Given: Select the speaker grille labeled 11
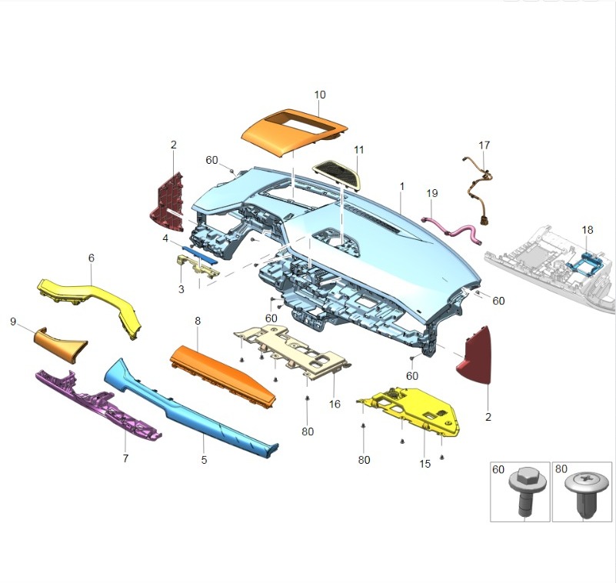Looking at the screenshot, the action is [x=337, y=174].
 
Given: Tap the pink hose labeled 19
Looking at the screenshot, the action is [x=451, y=230].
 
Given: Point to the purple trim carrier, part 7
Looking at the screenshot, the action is [x=98, y=405].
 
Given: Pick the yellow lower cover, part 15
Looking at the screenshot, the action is [x=412, y=411].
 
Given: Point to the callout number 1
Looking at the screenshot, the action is [x=402, y=186].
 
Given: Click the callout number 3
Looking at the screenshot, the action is [x=181, y=289].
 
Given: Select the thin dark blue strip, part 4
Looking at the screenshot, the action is [x=200, y=255].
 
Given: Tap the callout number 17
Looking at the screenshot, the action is [x=484, y=145].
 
